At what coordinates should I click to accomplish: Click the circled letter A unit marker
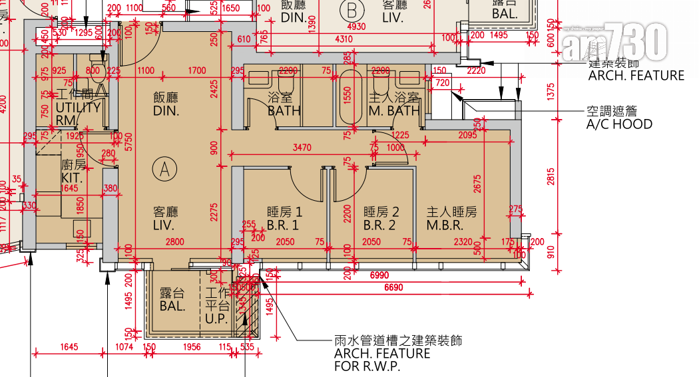pyautogui.click(x=163, y=168)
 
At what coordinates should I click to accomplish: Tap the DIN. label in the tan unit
pyautogui.click(x=166, y=111)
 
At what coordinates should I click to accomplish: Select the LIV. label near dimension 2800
pyautogui.click(x=164, y=226)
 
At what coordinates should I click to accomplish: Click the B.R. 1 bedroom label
pyautogui.click(x=284, y=225)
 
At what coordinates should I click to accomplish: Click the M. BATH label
pyautogui.click(x=394, y=111)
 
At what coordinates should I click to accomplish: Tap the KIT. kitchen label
pyautogui.click(x=71, y=179)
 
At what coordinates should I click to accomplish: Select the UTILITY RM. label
pyautogui.click(x=78, y=112)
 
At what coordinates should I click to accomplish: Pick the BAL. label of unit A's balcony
pyautogui.click(x=172, y=307)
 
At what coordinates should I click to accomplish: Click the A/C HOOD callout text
pyautogui.click(x=618, y=124)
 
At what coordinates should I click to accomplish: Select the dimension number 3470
pyautogui.click(x=302, y=147)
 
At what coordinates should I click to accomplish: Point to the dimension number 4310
pyautogui.click(x=344, y=39)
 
